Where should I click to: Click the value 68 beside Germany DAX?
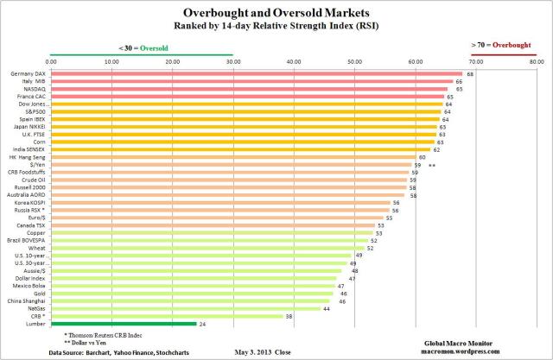point(470,74)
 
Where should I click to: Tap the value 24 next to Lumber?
point(202,324)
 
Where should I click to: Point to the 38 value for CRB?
point(288,316)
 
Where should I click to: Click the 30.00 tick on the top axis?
point(232,62)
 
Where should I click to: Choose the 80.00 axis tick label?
point(536,62)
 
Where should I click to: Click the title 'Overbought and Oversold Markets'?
point(276,11)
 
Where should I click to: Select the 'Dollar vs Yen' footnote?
point(87,344)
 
